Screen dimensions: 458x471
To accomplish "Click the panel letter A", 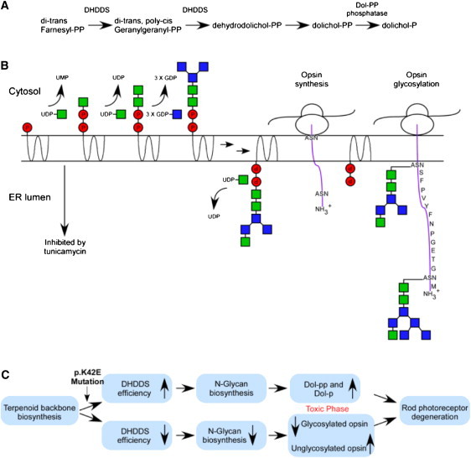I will pos(7,8).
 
